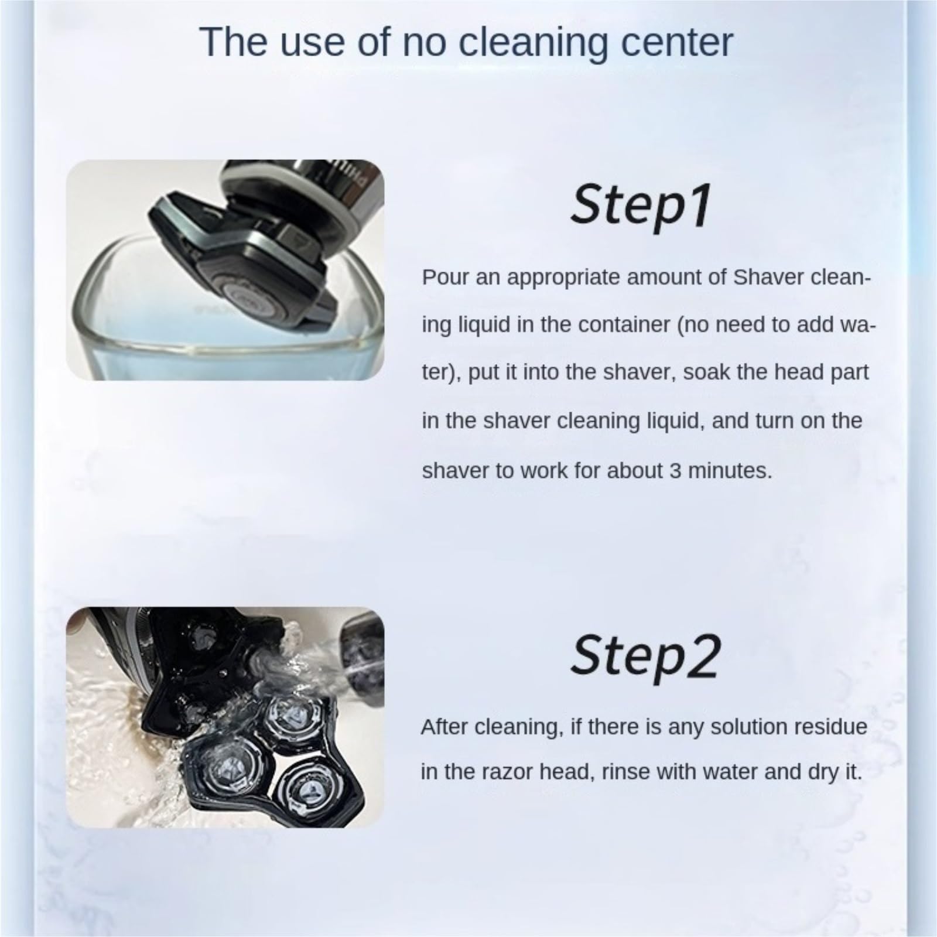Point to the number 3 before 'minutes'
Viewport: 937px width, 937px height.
pyautogui.click(x=675, y=470)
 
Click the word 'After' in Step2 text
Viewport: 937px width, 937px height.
pyautogui.click(x=444, y=727)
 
